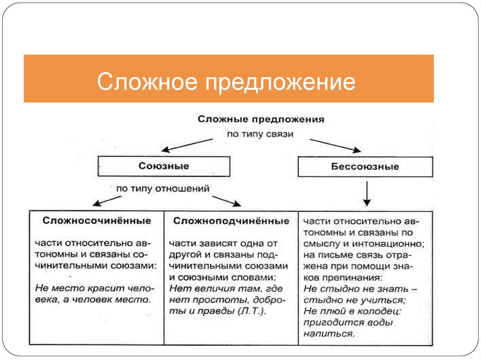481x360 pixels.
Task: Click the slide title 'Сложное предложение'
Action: pyautogui.click(x=226, y=82)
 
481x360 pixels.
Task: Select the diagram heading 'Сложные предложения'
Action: pyautogui.click(x=261, y=119)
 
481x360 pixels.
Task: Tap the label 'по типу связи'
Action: pyautogui.click(x=260, y=134)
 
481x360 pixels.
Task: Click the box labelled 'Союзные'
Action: pyautogui.click(x=164, y=166)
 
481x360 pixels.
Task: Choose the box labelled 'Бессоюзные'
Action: pyautogui.click(x=365, y=167)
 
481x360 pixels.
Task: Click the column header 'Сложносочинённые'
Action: pyautogui.click(x=97, y=220)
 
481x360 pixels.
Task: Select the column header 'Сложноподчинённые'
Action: pyautogui.click(x=231, y=220)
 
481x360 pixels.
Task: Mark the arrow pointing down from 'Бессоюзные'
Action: pyautogui.click(x=367, y=194)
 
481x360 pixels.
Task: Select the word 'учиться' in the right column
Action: pyautogui.click(x=388, y=299)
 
